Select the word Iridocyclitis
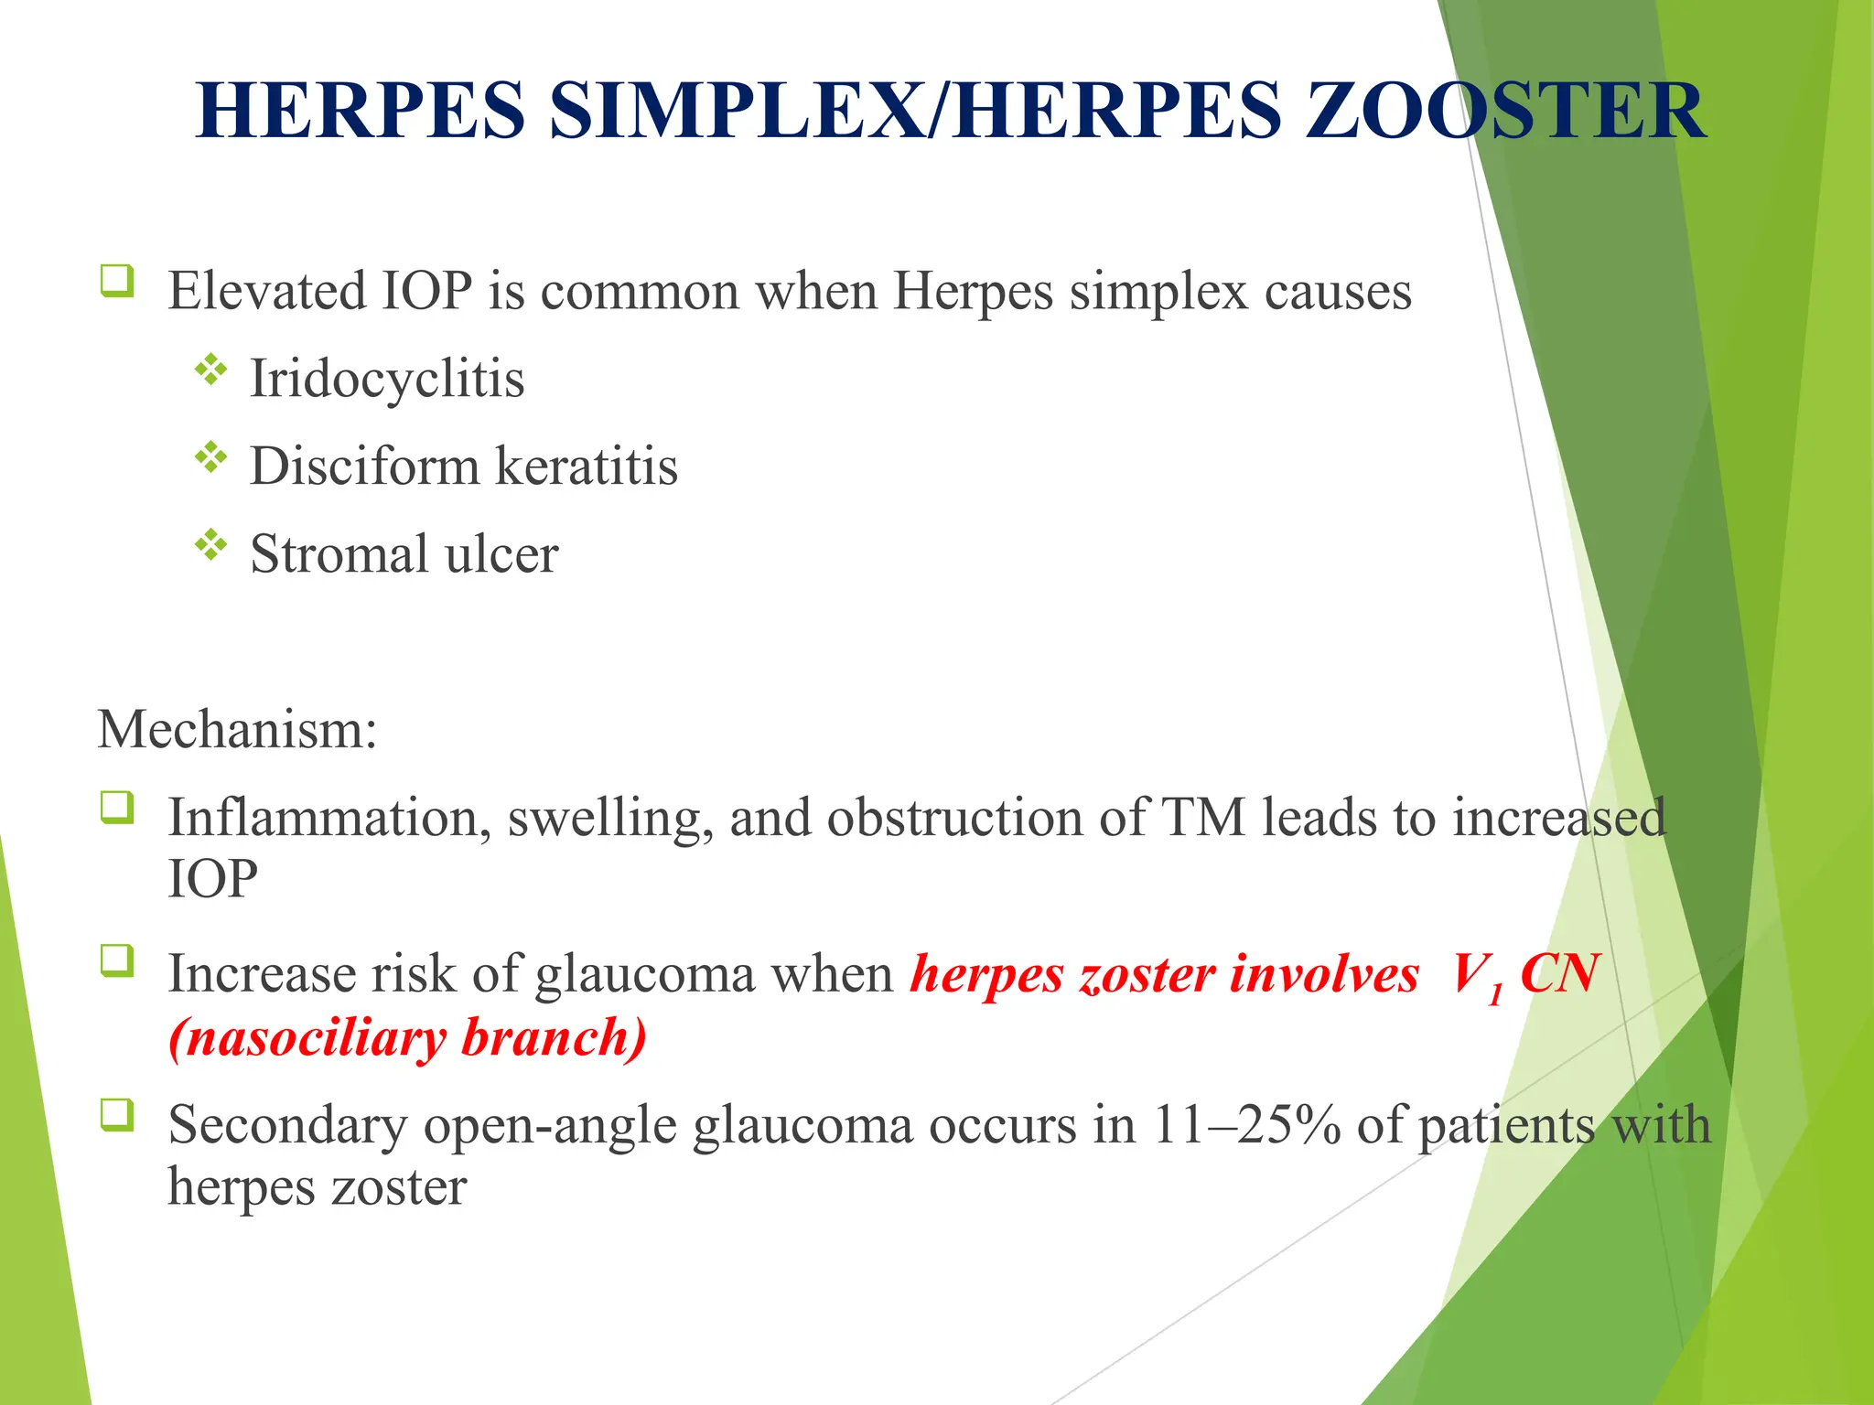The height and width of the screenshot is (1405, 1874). coord(387,378)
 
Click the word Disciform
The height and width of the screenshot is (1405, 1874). coord(364,466)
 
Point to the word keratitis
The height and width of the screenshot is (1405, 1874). coord(587,466)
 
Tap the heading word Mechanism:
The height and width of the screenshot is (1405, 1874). coord(238,730)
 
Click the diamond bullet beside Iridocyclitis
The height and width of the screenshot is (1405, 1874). coord(210,370)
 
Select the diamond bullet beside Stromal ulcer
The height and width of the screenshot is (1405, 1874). coord(210,545)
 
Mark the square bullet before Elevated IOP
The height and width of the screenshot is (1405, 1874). coord(117,281)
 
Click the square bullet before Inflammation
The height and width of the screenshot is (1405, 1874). coord(117,808)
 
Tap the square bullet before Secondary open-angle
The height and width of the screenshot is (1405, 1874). coord(117,1115)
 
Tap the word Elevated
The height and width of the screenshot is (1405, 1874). coord(267,291)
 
